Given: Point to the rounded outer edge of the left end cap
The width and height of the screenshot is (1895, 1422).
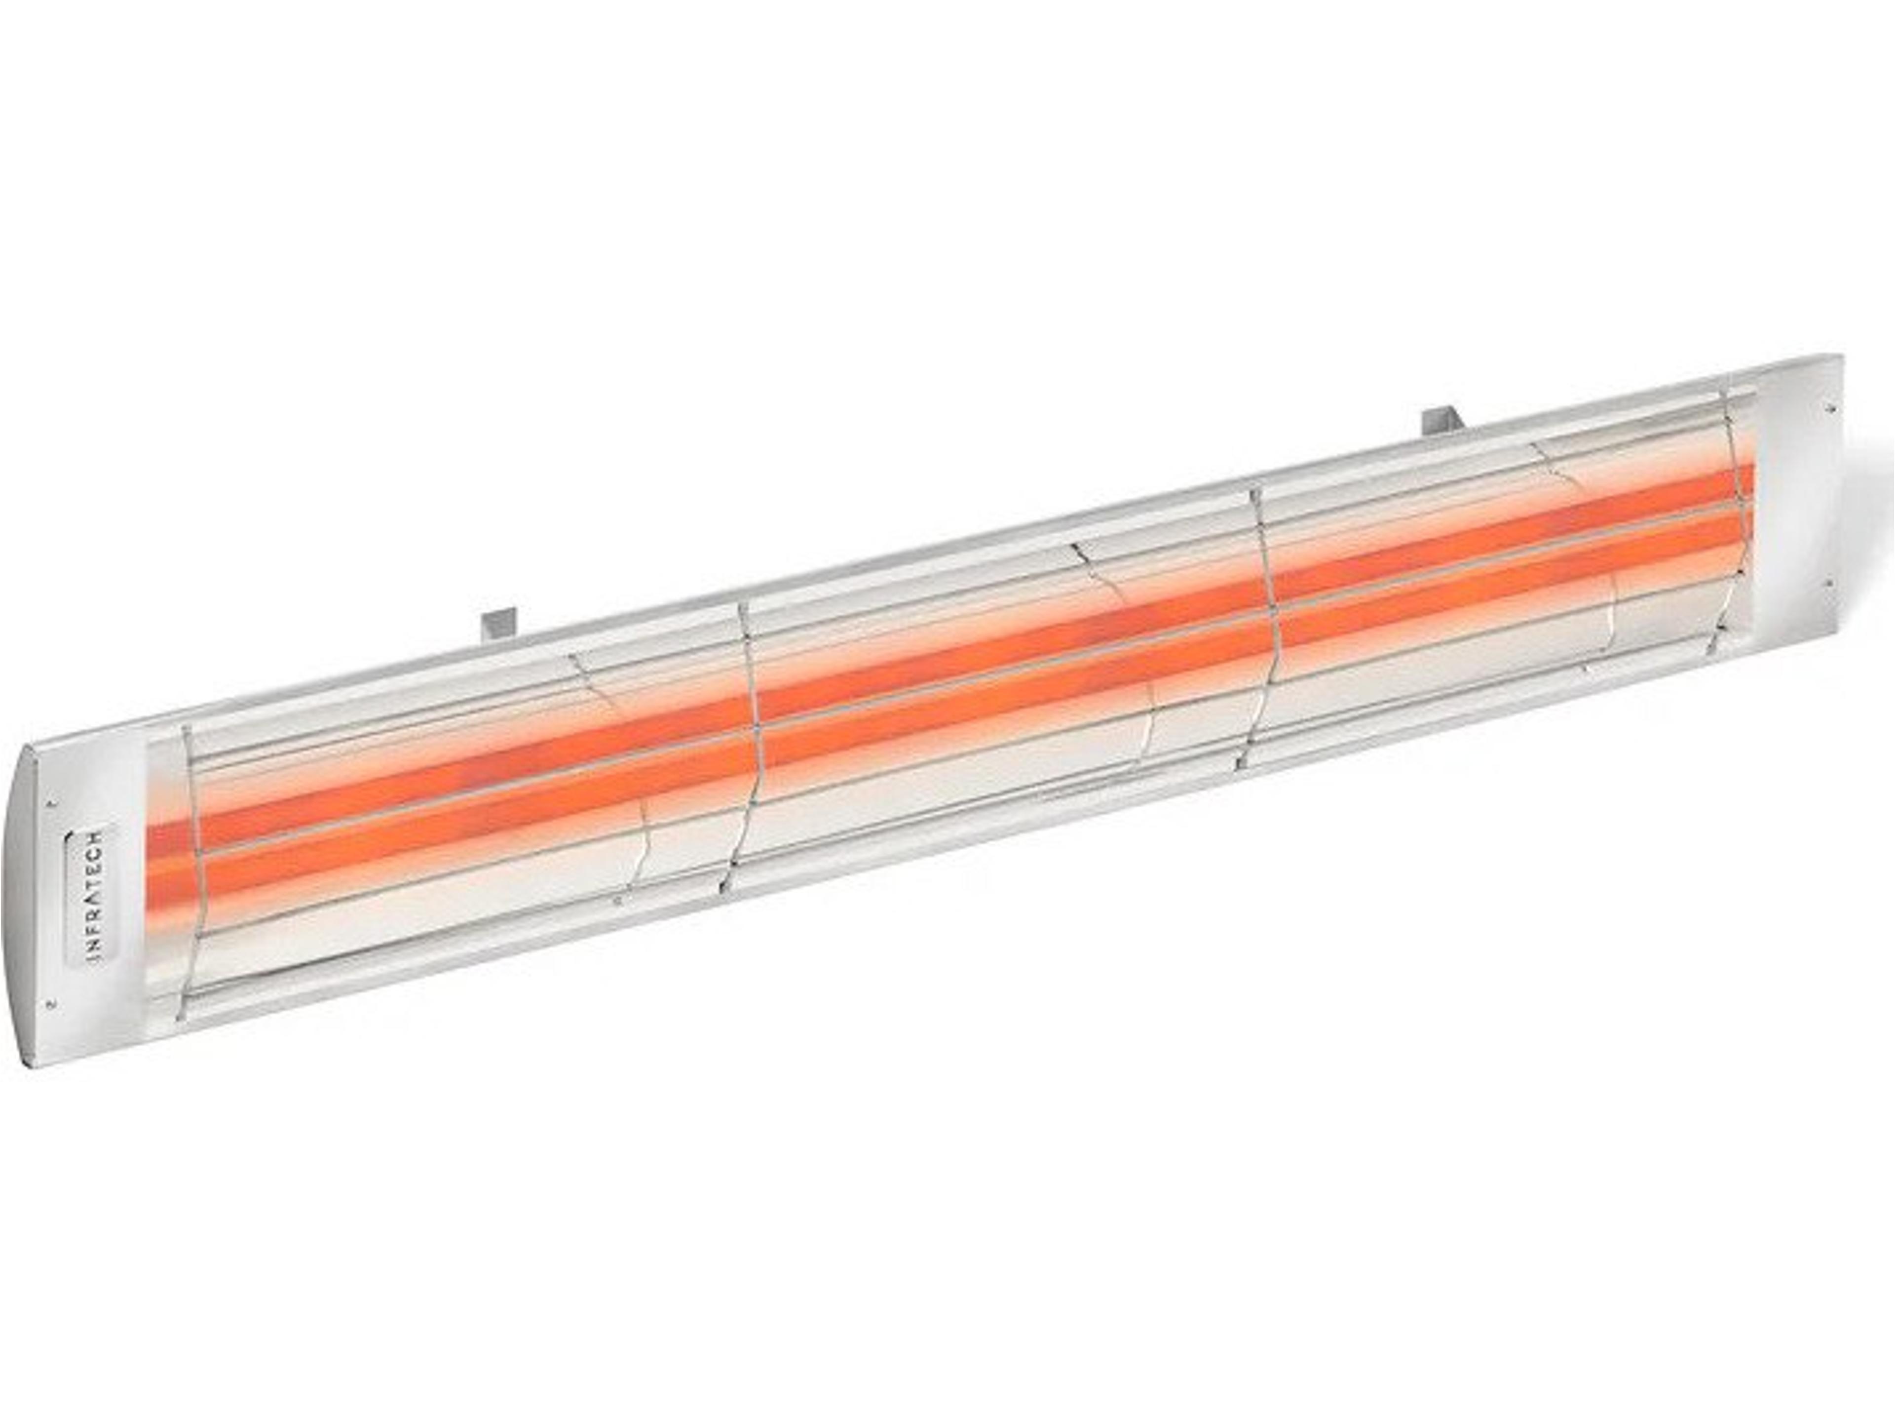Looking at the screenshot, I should (26, 900).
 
